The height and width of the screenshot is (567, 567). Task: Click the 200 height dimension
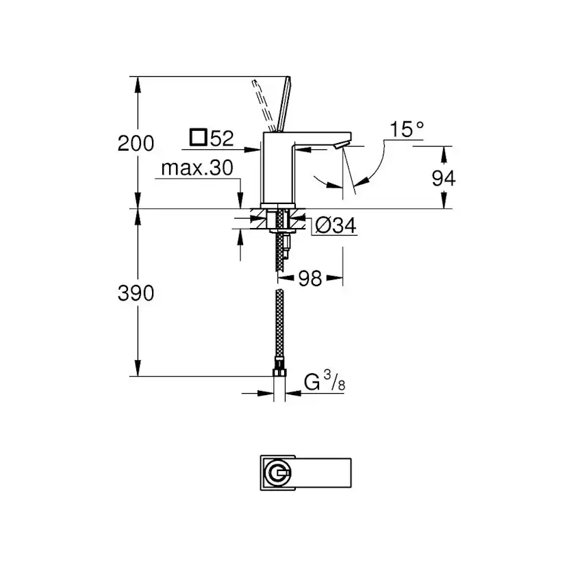[136, 144]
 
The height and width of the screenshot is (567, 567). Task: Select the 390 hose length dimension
[136, 293]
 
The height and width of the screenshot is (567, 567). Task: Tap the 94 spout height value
[444, 178]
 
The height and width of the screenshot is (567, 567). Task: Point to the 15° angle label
[407, 129]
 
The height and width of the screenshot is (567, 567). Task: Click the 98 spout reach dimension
[311, 279]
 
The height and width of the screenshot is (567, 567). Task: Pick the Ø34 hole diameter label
[335, 225]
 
